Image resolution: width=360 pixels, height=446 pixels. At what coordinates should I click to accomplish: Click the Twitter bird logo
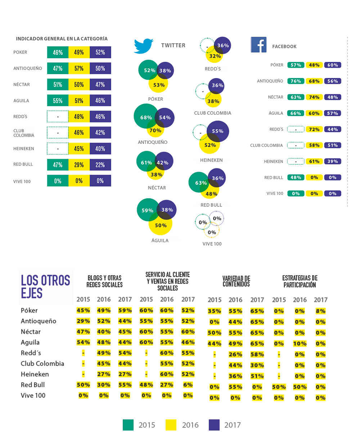pos(143,46)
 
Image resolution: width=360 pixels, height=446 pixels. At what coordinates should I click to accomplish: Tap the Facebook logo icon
pos(258,45)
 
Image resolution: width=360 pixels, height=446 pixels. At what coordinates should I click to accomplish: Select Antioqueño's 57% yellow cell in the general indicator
pos(79,68)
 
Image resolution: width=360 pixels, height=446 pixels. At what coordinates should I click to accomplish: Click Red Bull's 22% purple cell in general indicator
pos(100,165)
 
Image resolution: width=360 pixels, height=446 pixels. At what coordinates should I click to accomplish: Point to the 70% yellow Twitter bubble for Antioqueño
pos(155,131)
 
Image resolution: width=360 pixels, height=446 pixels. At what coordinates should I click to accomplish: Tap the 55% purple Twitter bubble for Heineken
pos(218,131)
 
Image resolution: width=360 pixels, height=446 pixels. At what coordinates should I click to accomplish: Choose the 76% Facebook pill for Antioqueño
pos(296,81)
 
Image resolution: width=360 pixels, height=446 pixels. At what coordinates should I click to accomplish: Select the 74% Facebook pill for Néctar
pos(314,97)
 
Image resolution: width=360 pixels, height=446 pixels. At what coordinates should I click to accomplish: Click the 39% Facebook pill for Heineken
pos(332,161)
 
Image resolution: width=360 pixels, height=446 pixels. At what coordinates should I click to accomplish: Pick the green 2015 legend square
pos(128,425)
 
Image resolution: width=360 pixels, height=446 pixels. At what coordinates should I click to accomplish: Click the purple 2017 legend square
pos(214,425)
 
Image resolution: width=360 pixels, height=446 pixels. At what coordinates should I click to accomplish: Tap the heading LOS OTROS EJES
pos(45,286)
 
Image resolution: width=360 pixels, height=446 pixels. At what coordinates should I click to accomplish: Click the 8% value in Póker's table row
pos(320,311)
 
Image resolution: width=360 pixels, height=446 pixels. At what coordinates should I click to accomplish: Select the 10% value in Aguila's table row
pos(300,343)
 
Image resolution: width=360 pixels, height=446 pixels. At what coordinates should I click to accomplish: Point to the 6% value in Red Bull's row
pos(188,384)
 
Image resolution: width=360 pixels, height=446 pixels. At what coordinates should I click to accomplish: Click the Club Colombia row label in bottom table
pos(42,364)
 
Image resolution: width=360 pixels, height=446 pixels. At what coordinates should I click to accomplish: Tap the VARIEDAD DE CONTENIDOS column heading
pos(236,281)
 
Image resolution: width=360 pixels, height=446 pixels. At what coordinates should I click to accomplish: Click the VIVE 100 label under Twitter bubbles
pos(212,244)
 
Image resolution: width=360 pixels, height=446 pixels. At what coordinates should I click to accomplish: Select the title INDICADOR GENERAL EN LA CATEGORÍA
pos(62,38)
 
